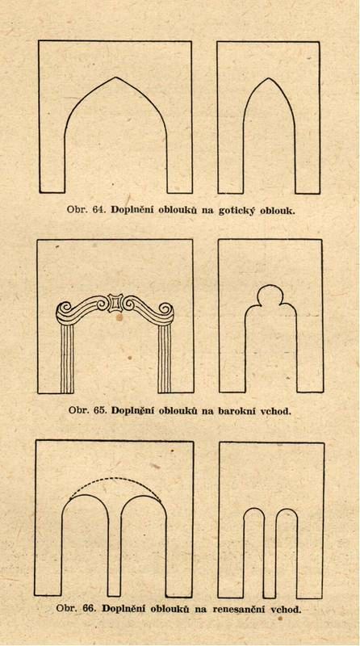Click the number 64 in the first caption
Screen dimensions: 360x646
pyautogui.click(x=97, y=209)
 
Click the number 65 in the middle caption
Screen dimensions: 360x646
pyautogui.click(x=98, y=411)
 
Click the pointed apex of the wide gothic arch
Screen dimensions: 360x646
pyautogui.click(x=115, y=77)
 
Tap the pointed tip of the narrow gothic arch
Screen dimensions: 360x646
pyautogui.click(x=269, y=78)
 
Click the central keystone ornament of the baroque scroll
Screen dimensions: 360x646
pyautogui.click(x=115, y=303)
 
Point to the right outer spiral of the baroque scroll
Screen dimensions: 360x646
pyautogui.click(x=166, y=309)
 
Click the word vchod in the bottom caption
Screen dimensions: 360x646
pyautogui.click(x=286, y=609)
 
